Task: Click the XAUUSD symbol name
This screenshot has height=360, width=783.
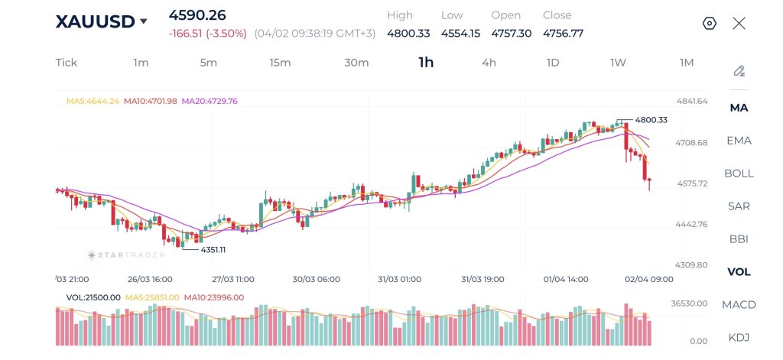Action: tap(95, 21)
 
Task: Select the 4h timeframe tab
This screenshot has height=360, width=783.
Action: tap(489, 63)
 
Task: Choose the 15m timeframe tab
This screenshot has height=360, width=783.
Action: tap(280, 63)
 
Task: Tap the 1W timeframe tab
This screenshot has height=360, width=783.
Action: tap(618, 63)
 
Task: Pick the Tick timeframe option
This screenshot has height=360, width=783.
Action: tap(67, 63)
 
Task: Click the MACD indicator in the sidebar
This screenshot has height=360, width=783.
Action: tap(739, 305)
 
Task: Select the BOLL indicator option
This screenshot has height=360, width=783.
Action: tap(739, 174)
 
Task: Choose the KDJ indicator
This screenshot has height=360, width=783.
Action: tap(739, 338)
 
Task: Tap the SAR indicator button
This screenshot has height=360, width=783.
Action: tap(739, 206)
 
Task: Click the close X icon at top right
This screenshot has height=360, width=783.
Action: tap(739, 23)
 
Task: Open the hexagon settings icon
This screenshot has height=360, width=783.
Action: tap(709, 23)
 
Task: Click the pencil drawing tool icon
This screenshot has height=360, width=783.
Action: tap(739, 71)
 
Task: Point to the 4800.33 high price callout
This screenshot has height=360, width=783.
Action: tap(651, 120)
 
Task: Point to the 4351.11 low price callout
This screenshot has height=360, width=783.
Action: tap(213, 250)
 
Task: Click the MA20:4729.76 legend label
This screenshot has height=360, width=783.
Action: tap(209, 101)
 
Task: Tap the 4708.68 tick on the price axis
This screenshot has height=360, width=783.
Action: tap(692, 143)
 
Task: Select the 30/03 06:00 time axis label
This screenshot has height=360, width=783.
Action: tap(316, 279)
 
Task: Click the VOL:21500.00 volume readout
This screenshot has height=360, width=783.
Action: tap(93, 297)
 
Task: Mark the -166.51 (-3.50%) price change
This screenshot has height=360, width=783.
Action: tap(207, 34)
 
